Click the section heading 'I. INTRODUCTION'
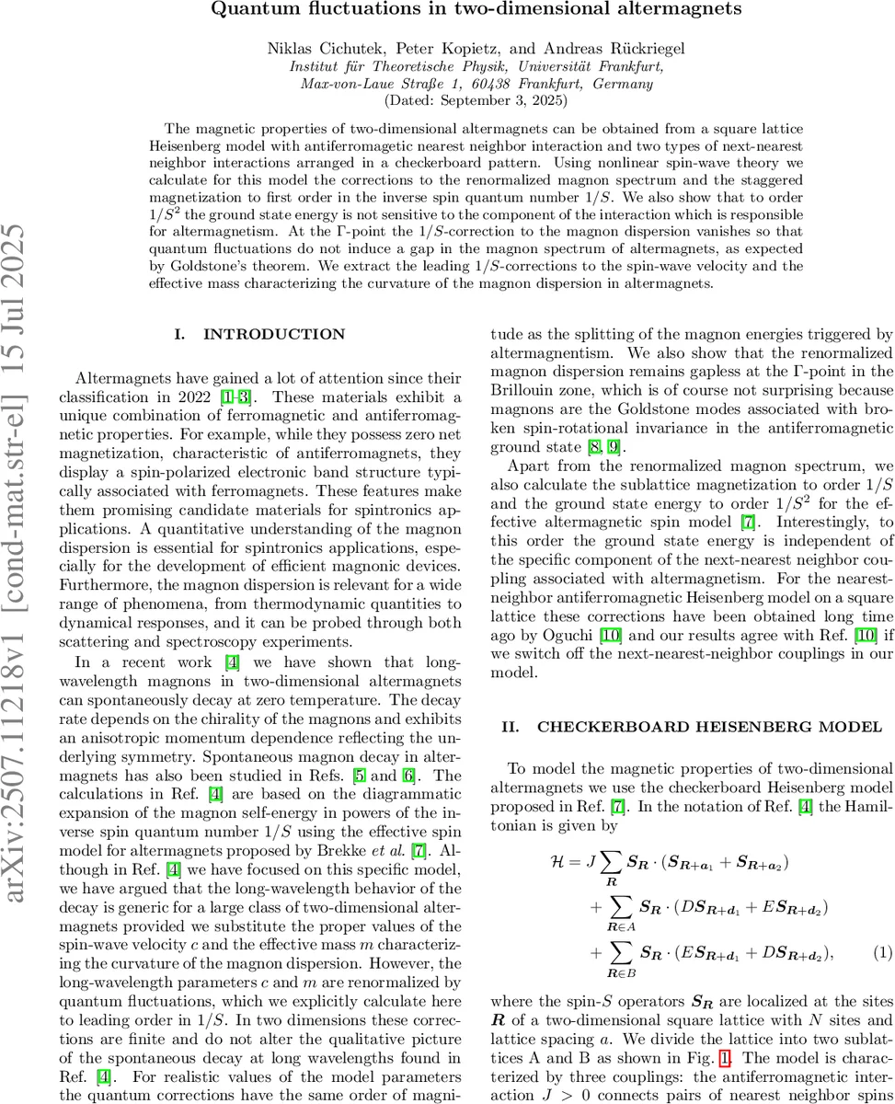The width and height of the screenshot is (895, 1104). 260,335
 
